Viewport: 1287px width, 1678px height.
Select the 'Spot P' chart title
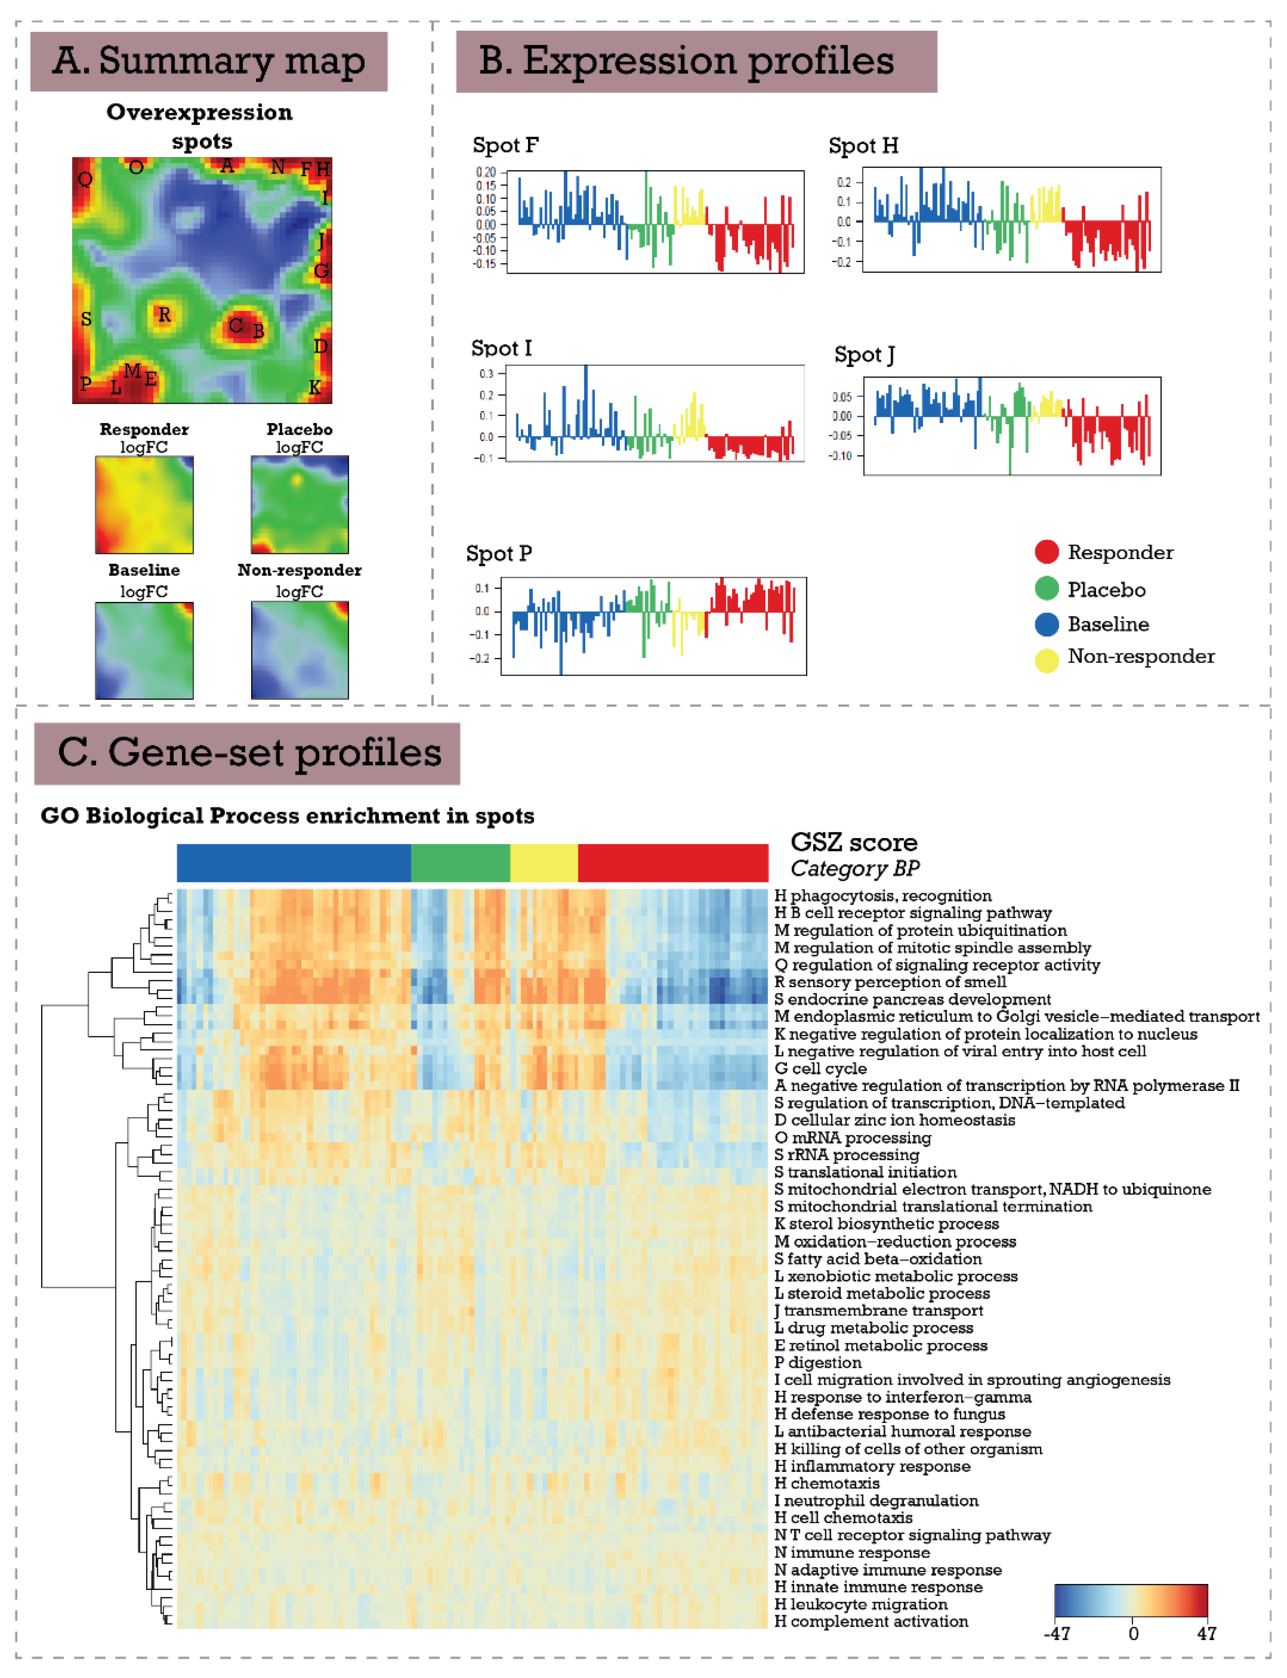(x=499, y=554)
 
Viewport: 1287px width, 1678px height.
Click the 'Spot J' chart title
(x=864, y=355)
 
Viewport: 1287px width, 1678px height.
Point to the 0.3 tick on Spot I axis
(x=486, y=374)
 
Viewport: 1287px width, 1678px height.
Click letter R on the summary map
(x=164, y=315)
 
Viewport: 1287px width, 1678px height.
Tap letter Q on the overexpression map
(x=85, y=179)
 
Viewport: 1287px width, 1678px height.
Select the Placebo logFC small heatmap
(x=300, y=505)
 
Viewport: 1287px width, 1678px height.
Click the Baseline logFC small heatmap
(x=144, y=650)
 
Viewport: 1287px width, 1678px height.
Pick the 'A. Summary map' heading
(x=208, y=61)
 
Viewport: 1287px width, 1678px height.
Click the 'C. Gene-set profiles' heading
(x=248, y=753)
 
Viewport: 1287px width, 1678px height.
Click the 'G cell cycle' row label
(x=821, y=1068)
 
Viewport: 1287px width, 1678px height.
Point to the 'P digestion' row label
(x=818, y=1363)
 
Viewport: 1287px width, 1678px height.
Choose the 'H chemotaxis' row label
(x=827, y=1483)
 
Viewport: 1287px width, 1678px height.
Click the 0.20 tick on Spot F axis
(x=486, y=172)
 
